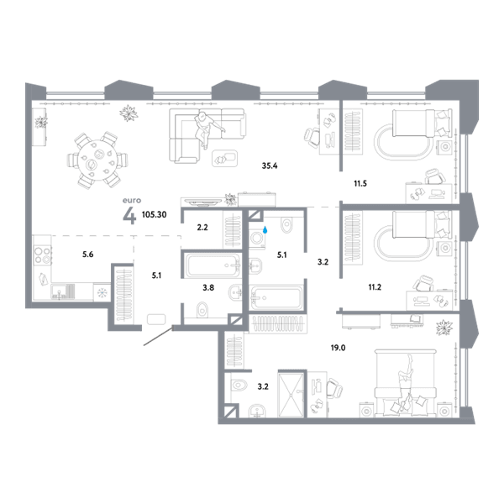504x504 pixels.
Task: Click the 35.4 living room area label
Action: (270, 165)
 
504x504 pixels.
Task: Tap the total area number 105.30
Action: (154, 214)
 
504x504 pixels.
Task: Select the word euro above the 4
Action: (132, 200)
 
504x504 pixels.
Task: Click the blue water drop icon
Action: (265, 230)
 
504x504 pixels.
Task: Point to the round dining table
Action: (94, 160)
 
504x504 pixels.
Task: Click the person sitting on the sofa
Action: (206, 129)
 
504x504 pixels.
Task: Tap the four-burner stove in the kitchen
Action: (43, 255)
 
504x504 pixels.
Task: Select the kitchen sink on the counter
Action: (63, 291)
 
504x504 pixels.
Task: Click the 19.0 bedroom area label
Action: (338, 348)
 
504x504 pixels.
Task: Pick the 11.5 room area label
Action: (360, 183)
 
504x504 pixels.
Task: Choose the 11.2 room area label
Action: (375, 287)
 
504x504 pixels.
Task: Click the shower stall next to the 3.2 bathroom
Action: (291, 395)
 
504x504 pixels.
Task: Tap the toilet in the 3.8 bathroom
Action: (202, 310)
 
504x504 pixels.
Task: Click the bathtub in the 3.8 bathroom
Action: (213, 265)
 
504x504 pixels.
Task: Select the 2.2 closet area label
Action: (202, 228)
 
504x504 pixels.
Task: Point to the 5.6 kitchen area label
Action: (87, 255)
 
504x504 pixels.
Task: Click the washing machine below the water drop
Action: (257, 239)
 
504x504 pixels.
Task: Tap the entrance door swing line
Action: (158, 337)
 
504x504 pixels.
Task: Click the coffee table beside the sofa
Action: (224, 158)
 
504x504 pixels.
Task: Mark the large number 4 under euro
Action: (129, 216)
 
